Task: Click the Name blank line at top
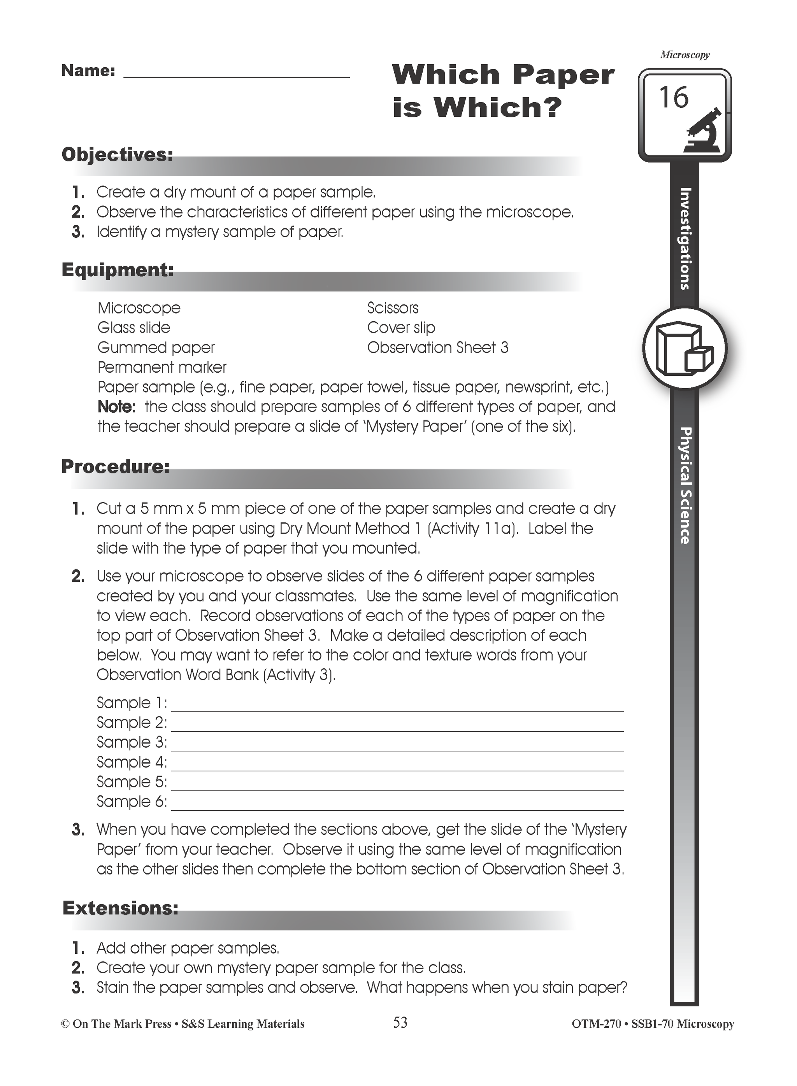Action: click(236, 75)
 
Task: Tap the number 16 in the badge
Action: click(674, 98)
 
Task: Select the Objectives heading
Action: click(117, 154)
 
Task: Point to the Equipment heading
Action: click(117, 270)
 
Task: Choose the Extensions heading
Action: click(120, 908)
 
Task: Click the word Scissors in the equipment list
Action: click(393, 308)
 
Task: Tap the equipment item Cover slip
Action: click(401, 328)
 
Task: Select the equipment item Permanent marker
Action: click(162, 368)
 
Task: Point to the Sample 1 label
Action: click(131, 703)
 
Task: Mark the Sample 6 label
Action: click(131, 802)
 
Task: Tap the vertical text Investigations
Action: click(685, 239)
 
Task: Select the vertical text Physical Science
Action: click(685, 485)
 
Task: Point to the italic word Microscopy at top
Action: click(685, 55)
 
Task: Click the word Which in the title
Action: click(445, 75)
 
